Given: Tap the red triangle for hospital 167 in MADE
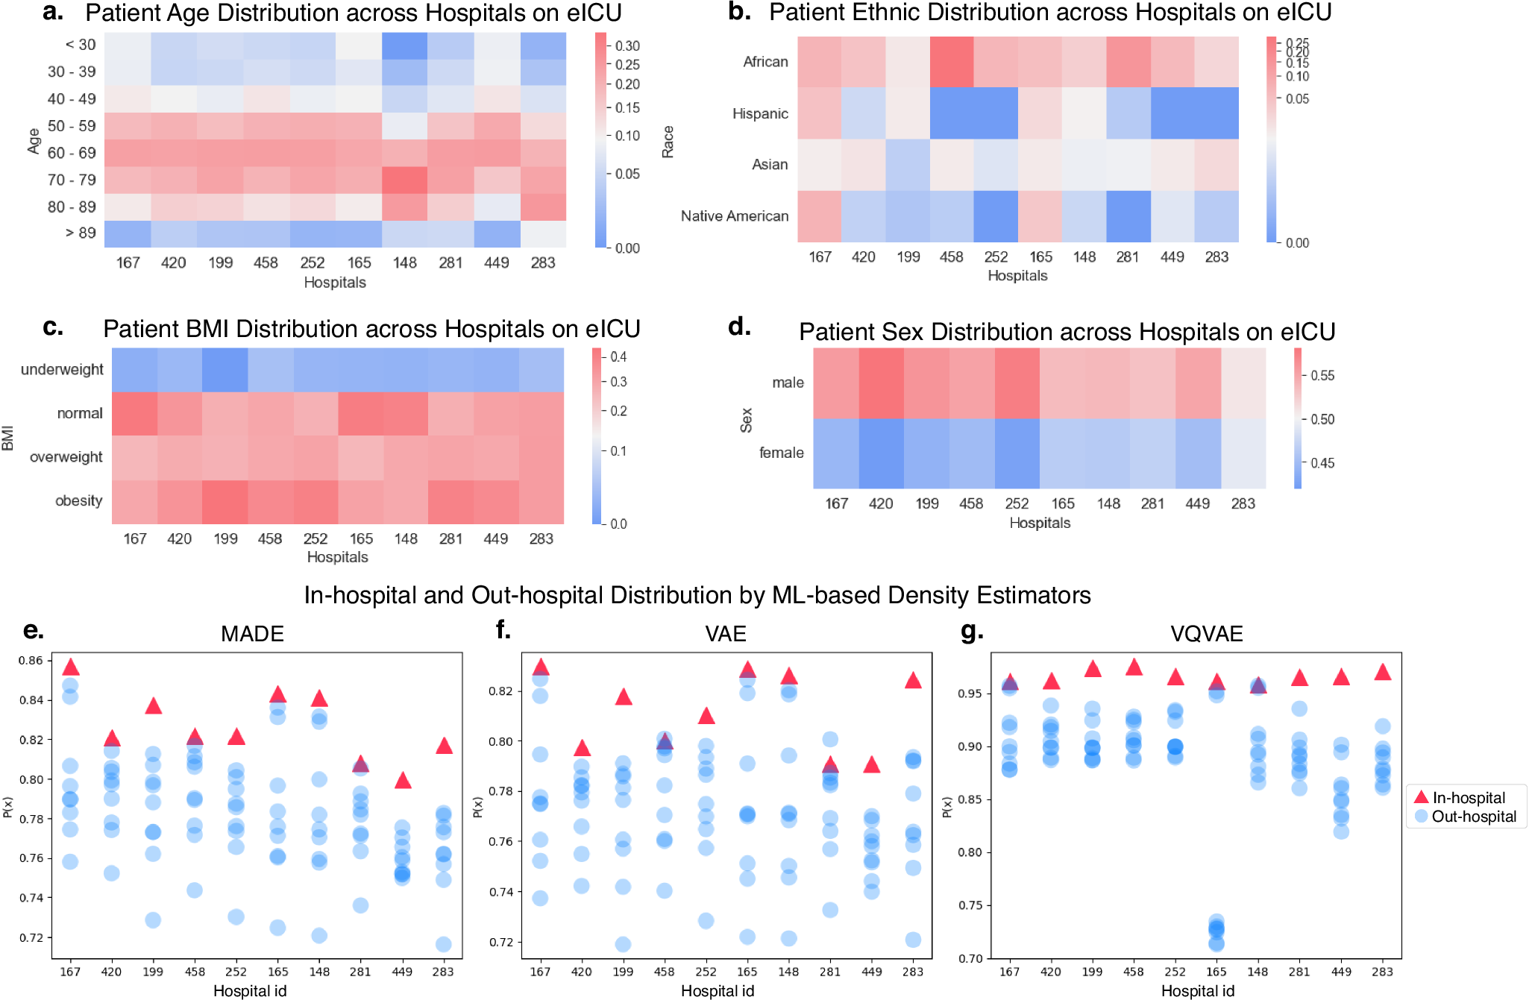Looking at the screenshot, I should coord(71,667).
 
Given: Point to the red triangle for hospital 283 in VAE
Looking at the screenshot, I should coord(913,680).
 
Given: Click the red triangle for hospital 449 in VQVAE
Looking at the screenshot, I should coord(1341,677).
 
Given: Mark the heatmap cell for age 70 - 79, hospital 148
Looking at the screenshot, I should coord(405,180).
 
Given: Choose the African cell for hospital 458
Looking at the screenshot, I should coord(952,62).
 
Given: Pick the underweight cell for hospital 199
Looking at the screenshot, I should coord(225,370).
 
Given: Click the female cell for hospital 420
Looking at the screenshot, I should coord(882,453).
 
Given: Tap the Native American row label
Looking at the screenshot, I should coord(734,216).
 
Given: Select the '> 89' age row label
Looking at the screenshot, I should coord(81,233).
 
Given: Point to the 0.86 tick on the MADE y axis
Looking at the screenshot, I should coord(31,660).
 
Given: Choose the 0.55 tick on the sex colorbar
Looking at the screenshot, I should coord(1322,375).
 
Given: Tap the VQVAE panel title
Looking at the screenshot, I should coord(1206,634).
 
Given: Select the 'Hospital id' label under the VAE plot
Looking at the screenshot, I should coord(718,990).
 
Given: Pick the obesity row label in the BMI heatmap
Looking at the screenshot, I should coord(78,501).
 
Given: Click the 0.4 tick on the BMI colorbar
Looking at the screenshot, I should coord(618,356).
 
